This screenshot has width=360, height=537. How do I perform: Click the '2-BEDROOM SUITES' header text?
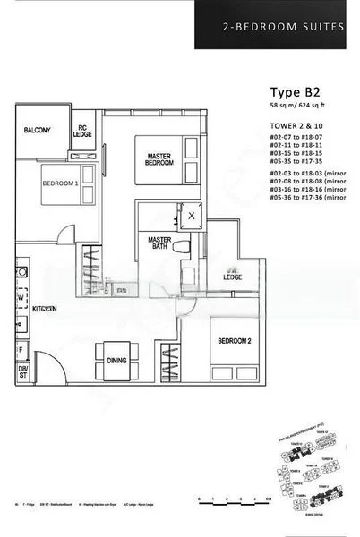click(x=282, y=27)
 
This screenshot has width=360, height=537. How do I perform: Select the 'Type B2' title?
click(x=295, y=91)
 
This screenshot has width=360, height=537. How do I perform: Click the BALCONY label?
click(x=39, y=131)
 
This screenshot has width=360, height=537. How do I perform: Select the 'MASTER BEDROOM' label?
click(x=161, y=159)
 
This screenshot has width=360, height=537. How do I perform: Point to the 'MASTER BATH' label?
click(x=160, y=243)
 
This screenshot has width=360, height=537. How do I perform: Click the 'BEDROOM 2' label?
click(x=231, y=342)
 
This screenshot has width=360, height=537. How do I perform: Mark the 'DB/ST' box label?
click(x=23, y=372)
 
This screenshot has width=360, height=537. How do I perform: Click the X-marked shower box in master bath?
click(x=191, y=216)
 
